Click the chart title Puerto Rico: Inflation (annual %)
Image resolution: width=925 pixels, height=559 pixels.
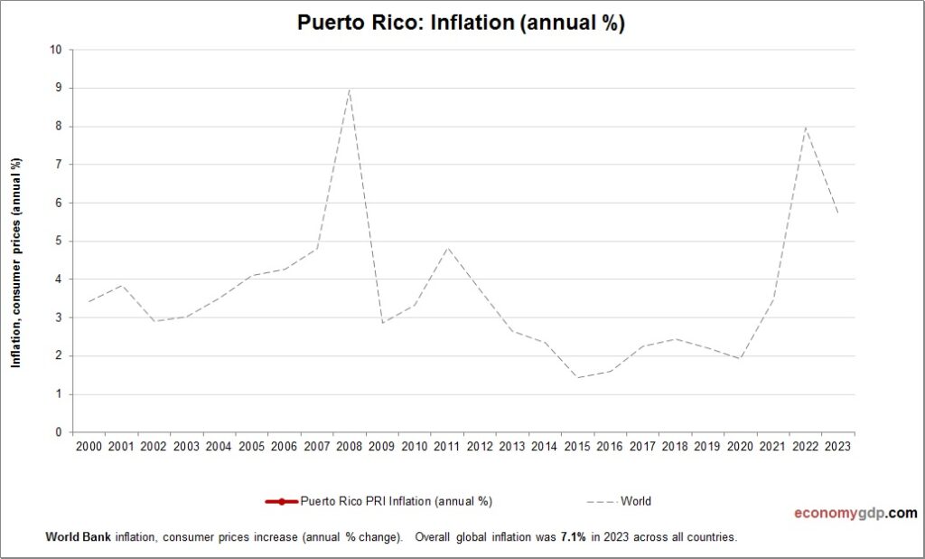click(x=461, y=24)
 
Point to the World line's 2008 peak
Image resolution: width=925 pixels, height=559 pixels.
click(x=349, y=90)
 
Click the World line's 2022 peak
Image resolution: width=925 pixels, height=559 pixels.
click(x=805, y=127)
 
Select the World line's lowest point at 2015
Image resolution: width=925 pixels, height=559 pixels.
click(x=576, y=377)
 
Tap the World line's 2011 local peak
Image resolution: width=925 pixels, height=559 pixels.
click(x=447, y=247)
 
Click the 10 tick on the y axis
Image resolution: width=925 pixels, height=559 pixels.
click(x=55, y=50)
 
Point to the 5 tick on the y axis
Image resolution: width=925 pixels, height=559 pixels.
click(x=58, y=242)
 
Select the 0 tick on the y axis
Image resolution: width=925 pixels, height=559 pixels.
click(x=58, y=432)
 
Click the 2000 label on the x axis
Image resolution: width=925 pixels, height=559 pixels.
click(x=89, y=447)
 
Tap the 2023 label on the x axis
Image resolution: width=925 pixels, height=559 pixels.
click(x=838, y=447)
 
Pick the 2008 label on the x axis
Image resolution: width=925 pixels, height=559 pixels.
click(x=350, y=447)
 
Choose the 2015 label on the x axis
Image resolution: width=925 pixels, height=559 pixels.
click(x=577, y=447)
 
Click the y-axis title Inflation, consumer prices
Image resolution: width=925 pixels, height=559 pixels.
click(x=15, y=262)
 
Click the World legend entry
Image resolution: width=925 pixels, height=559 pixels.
click(x=635, y=501)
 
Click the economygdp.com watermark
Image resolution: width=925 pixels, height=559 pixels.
click(x=855, y=513)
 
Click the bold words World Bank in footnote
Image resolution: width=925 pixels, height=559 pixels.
click(x=79, y=536)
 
